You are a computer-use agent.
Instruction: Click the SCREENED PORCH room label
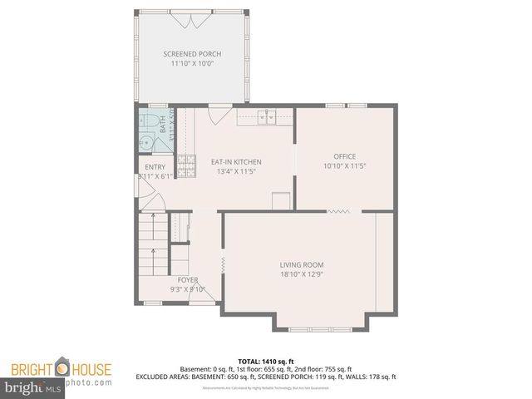pyautogui.click(x=193, y=53)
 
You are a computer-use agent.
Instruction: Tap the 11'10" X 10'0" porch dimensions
pyautogui.click(x=193, y=63)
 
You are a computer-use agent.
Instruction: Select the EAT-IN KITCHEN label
pyautogui.click(x=236, y=161)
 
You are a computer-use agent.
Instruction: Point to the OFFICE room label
pyautogui.click(x=345, y=156)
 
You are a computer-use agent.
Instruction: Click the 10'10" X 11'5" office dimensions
pyautogui.click(x=345, y=166)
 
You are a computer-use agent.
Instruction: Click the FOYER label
pyautogui.click(x=188, y=280)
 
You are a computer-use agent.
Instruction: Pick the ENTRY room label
pyautogui.click(x=155, y=167)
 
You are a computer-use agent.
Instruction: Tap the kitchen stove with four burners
pyautogui.click(x=189, y=165)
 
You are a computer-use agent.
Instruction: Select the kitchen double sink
pyautogui.click(x=266, y=118)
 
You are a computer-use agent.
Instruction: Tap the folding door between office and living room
pyautogui.click(x=338, y=212)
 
